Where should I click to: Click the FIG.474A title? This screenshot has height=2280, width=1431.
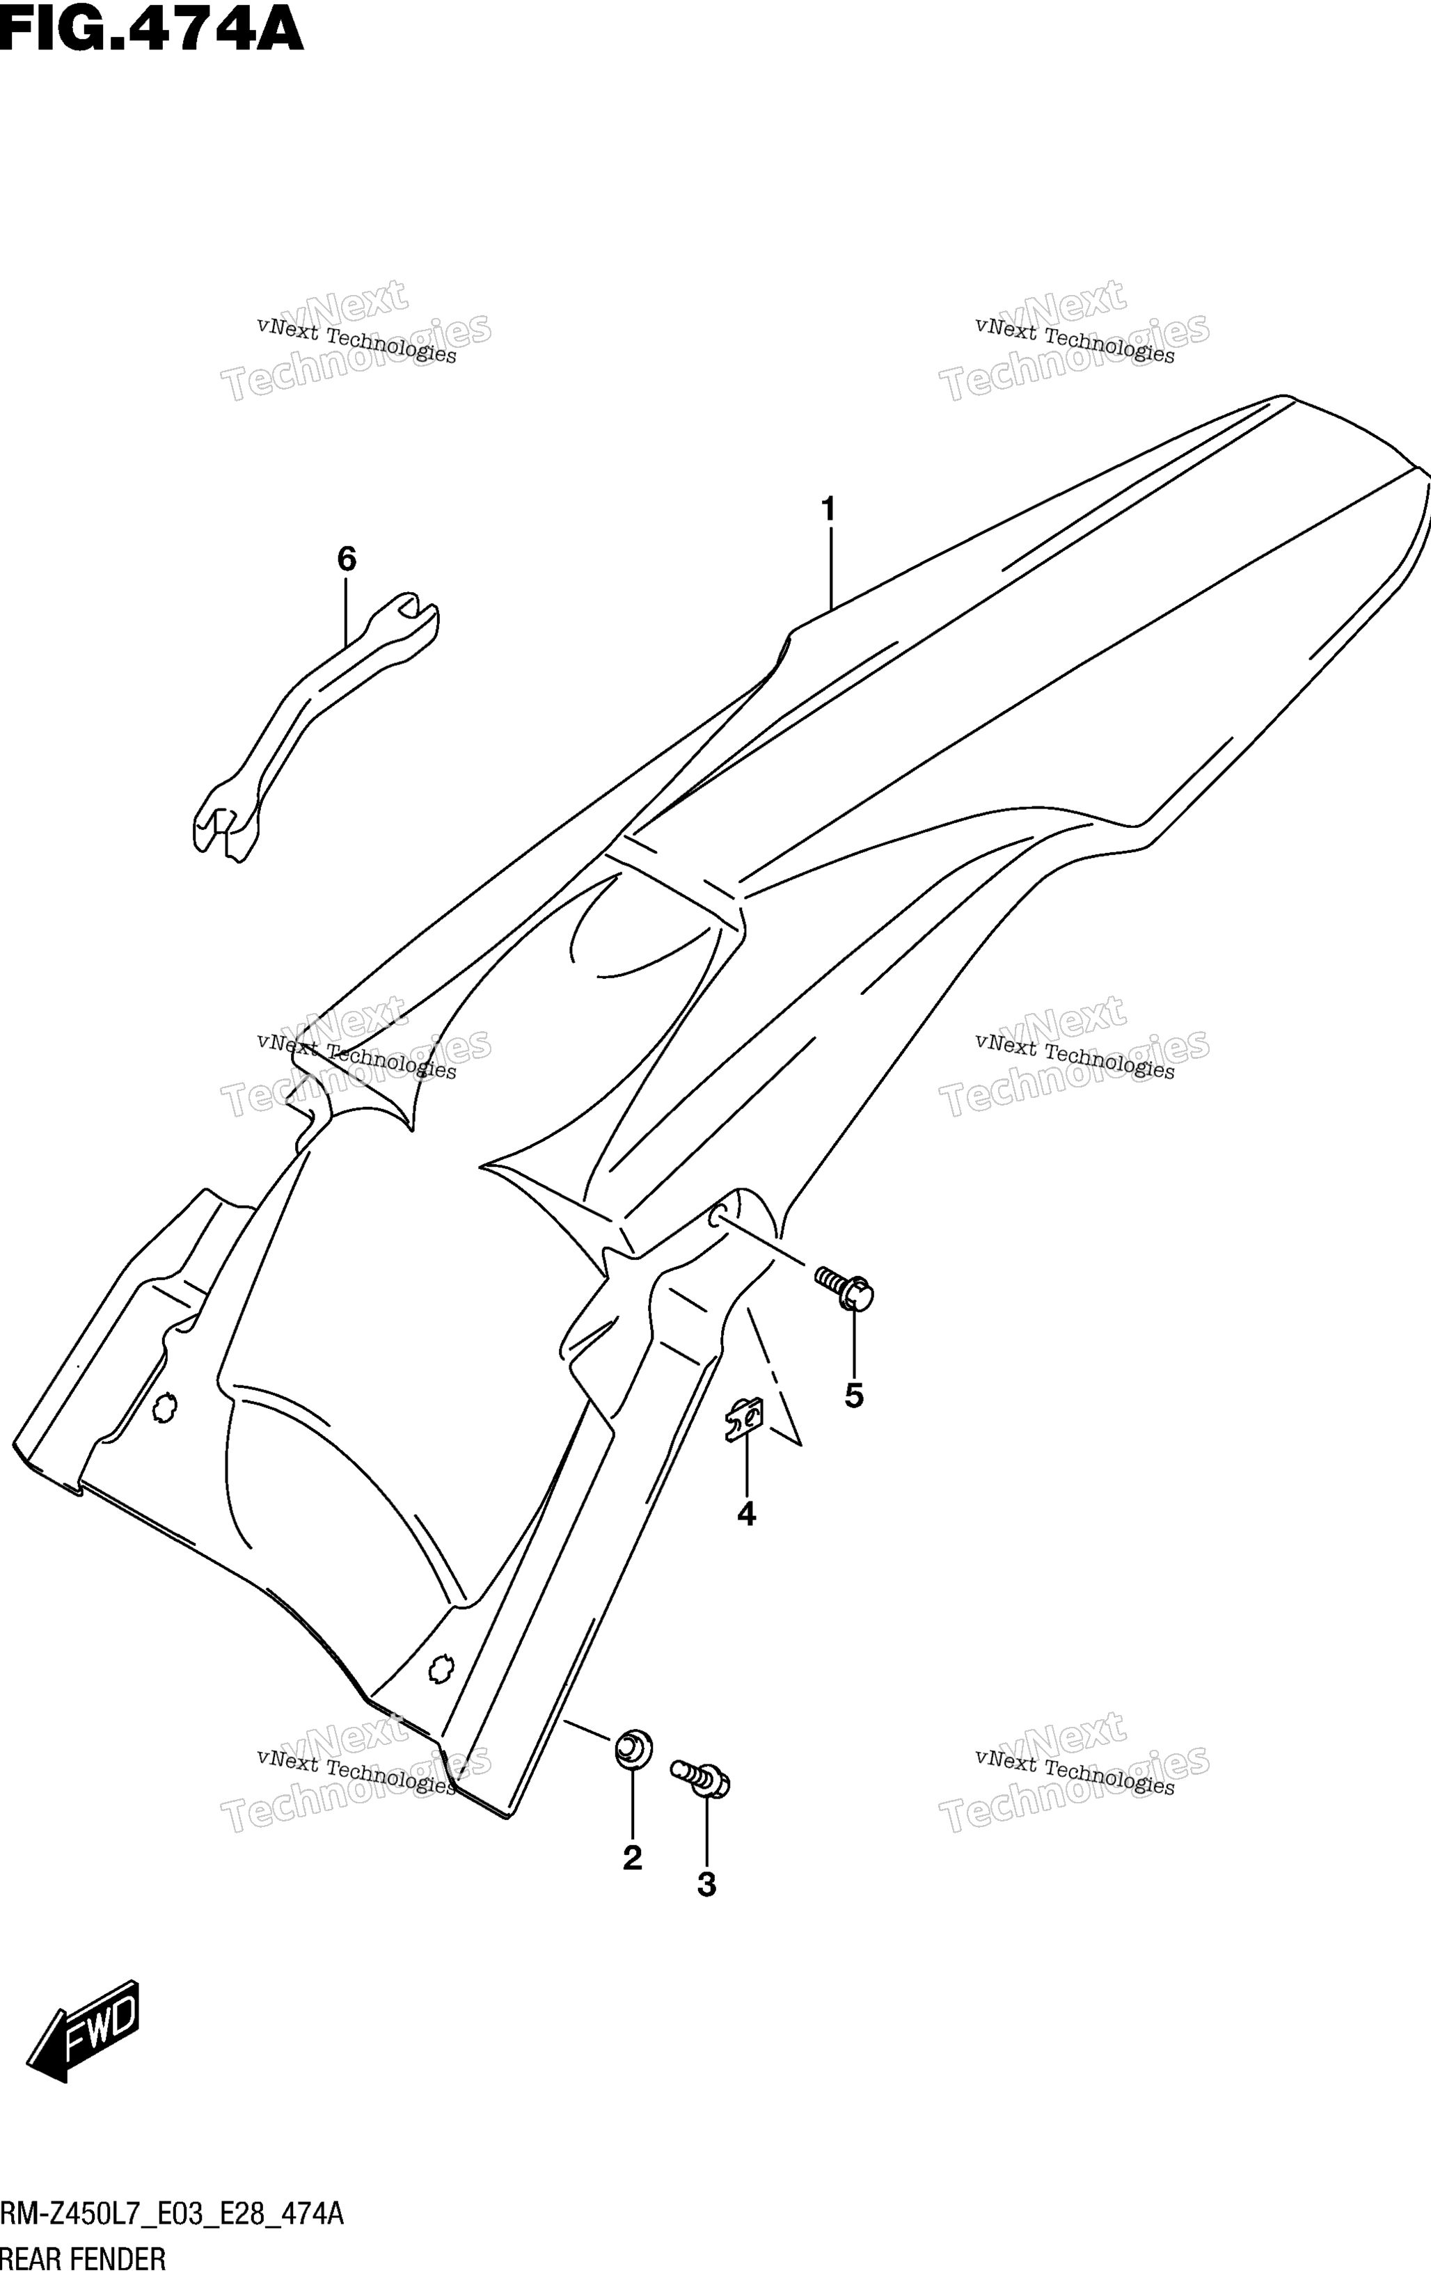pyautogui.click(x=152, y=29)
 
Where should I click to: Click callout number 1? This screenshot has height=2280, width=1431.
pyautogui.click(x=828, y=510)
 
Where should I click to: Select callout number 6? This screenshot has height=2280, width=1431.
pyautogui.click(x=347, y=559)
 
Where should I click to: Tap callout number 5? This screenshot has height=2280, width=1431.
pyautogui.click(x=854, y=1396)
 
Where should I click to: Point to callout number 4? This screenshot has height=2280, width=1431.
pyautogui.click(x=746, y=1515)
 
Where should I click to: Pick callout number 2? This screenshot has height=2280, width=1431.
pyautogui.click(x=632, y=1858)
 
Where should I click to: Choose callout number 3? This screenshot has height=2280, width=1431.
pyautogui.click(x=706, y=1886)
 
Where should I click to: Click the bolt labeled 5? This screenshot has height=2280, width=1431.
pyautogui.click(x=844, y=1289)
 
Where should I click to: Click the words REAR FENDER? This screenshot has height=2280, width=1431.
pyautogui.click(x=84, y=2260)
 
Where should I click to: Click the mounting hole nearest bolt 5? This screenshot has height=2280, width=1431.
pyautogui.click(x=718, y=1218)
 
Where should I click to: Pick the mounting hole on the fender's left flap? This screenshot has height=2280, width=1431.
pyautogui.click(x=165, y=1409)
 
